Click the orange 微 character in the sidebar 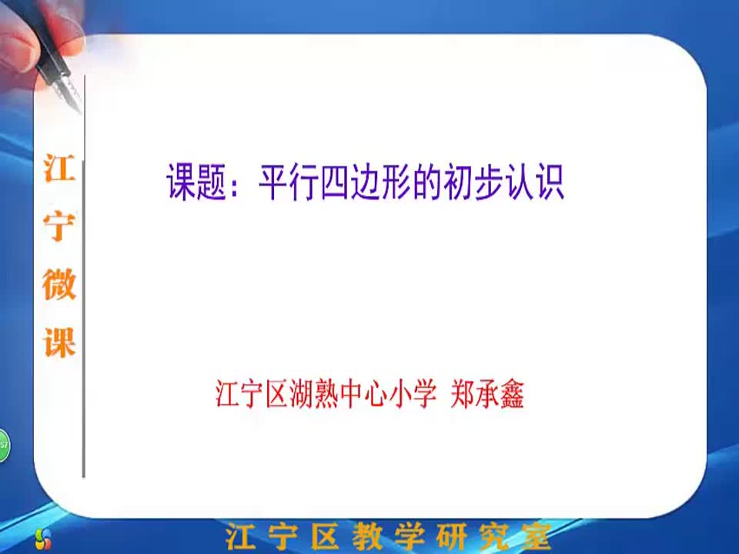(x=59, y=284)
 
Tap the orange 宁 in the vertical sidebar (x=59, y=225)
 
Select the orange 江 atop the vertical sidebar (x=59, y=169)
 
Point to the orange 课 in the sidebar (x=59, y=342)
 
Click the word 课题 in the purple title (x=196, y=182)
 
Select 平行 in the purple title (x=289, y=182)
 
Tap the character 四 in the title (x=335, y=182)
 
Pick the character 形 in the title (x=397, y=182)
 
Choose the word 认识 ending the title (x=535, y=182)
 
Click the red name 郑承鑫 (x=487, y=393)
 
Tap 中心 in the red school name (x=363, y=393)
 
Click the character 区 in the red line (x=276, y=393)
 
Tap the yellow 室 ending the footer (x=537, y=536)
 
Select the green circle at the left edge (x=4, y=446)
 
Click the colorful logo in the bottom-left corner (x=43, y=539)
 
